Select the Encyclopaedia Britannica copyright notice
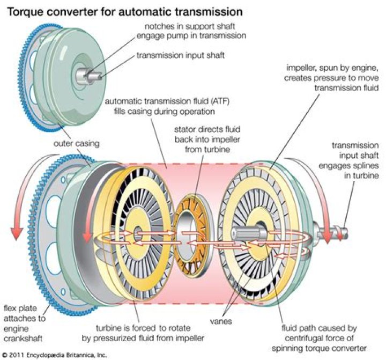click(54, 355)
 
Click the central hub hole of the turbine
click(138, 232)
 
